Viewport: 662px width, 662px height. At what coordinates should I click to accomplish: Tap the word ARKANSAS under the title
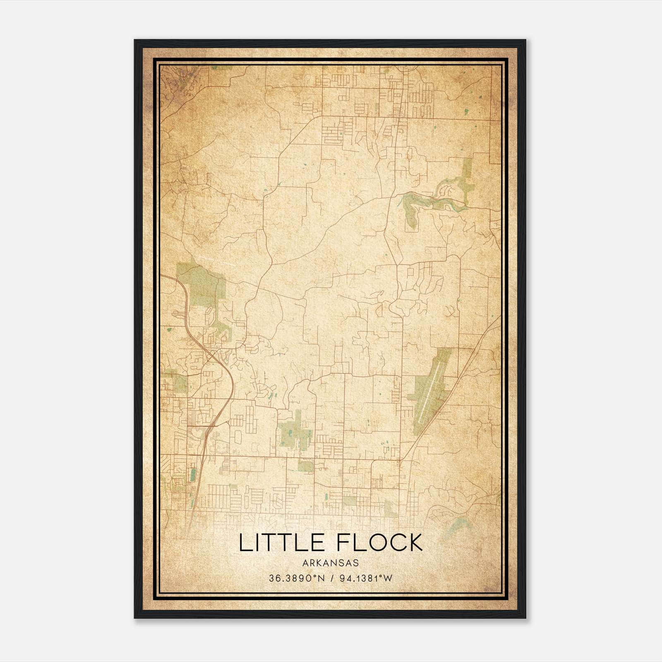(x=330, y=563)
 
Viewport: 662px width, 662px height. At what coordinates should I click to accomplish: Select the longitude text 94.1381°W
(x=365, y=578)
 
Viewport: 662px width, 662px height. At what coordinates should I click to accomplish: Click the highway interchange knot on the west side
(x=212, y=355)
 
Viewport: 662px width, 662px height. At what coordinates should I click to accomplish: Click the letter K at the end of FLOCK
(x=414, y=543)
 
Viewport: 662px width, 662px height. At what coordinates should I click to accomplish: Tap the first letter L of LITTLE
(x=245, y=543)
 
